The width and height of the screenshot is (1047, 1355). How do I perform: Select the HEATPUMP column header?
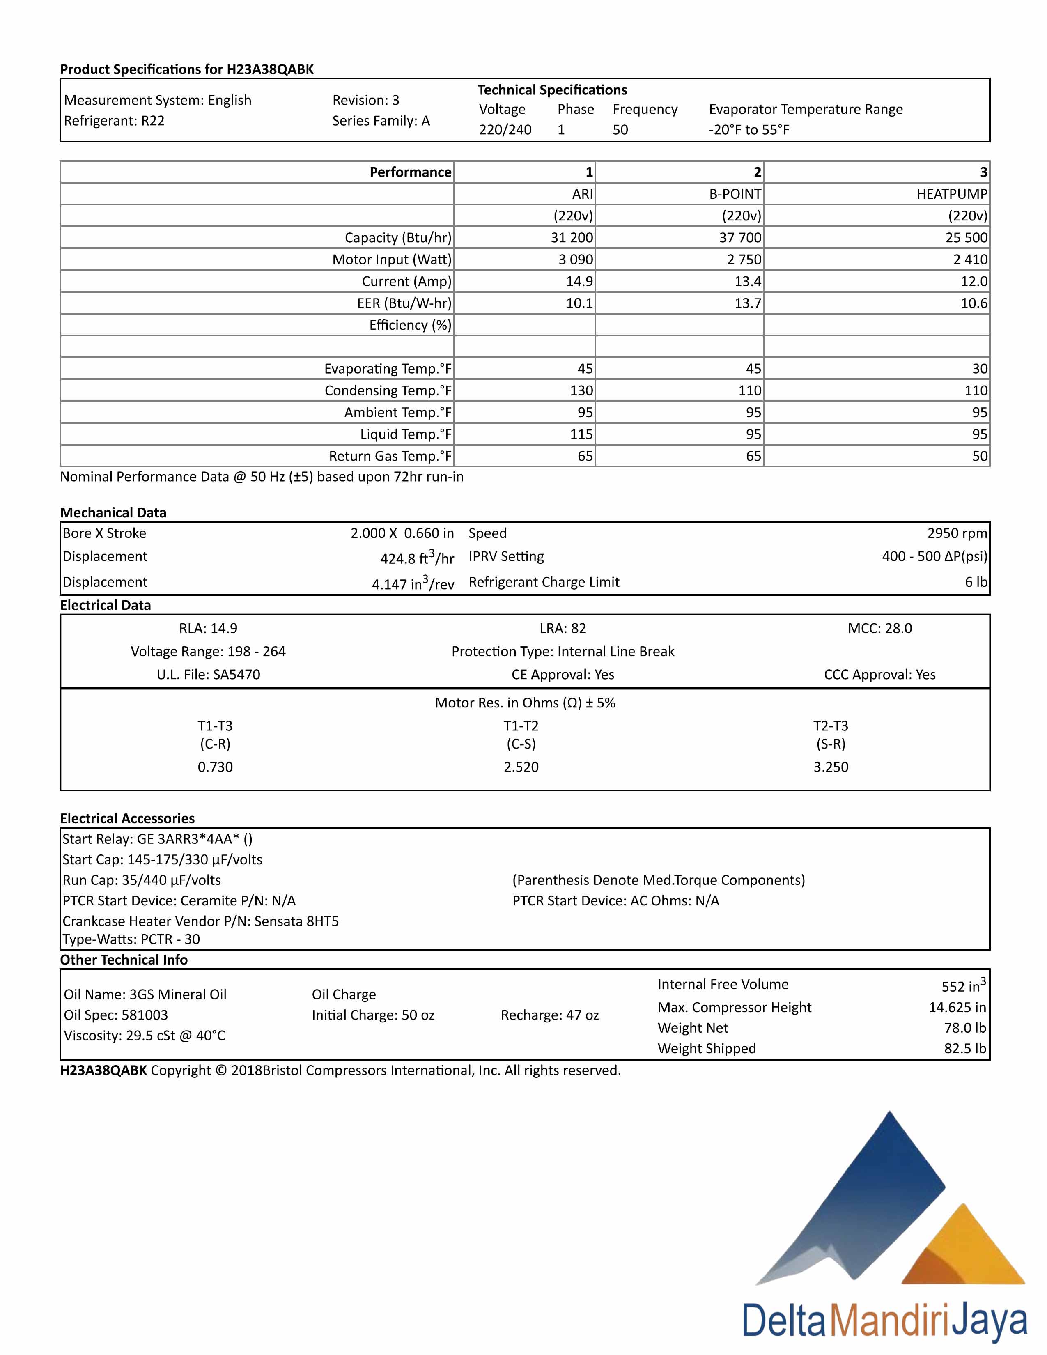pyautogui.click(x=951, y=194)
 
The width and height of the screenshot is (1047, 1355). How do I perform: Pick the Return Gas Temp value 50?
pyautogui.click(x=979, y=456)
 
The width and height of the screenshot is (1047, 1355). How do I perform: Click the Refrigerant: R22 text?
pyautogui.click(x=114, y=121)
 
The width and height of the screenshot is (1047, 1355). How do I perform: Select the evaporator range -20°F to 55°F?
pyautogui.click(x=749, y=130)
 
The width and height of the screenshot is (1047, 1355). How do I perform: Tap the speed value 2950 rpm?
pyautogui.click(x=956, y=533)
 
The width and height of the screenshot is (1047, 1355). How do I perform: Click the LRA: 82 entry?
pyautogui.click(x=563, y=629)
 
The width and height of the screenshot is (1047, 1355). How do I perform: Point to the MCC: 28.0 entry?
pyautogui.click(x=879, y=629)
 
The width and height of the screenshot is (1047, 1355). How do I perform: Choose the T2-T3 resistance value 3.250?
pyautogui.click(x=831, y=767)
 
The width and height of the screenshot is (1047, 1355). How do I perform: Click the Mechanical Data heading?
pyautogui.click(x=113, y=512)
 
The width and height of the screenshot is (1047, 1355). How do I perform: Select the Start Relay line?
pyautogui.click(x=158, y=839)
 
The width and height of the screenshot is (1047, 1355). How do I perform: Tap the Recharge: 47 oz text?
pyautogui.click(x=549, y=1015)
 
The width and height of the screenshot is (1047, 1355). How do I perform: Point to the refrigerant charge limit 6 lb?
pyautogui.click(x=976, y=582)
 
